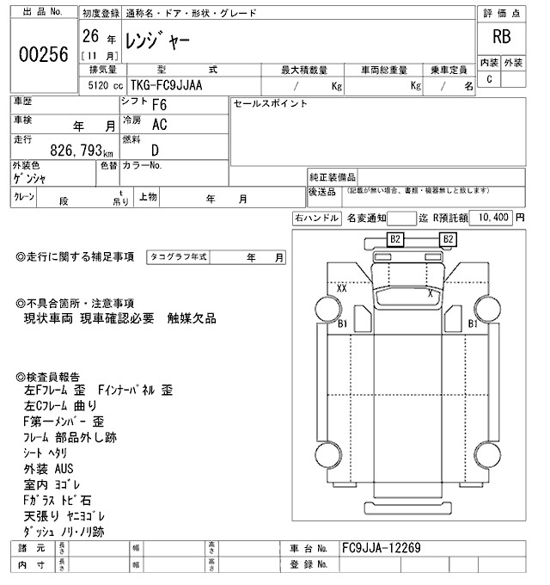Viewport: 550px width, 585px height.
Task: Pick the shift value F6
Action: pyautogui.click(x=159, y=106)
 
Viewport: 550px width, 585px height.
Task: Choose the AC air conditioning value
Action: pyautogui.click(x=159, y=125)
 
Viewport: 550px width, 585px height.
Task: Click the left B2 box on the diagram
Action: pyautogui.click(x=396, y=238)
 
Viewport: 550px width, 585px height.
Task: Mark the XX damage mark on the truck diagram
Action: pyautogui.click(x=342, y=289)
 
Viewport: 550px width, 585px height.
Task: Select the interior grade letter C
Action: pyautogui.click(x=489, y=79)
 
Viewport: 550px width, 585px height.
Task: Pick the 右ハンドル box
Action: pyautogui.click(x=316, y=219)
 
